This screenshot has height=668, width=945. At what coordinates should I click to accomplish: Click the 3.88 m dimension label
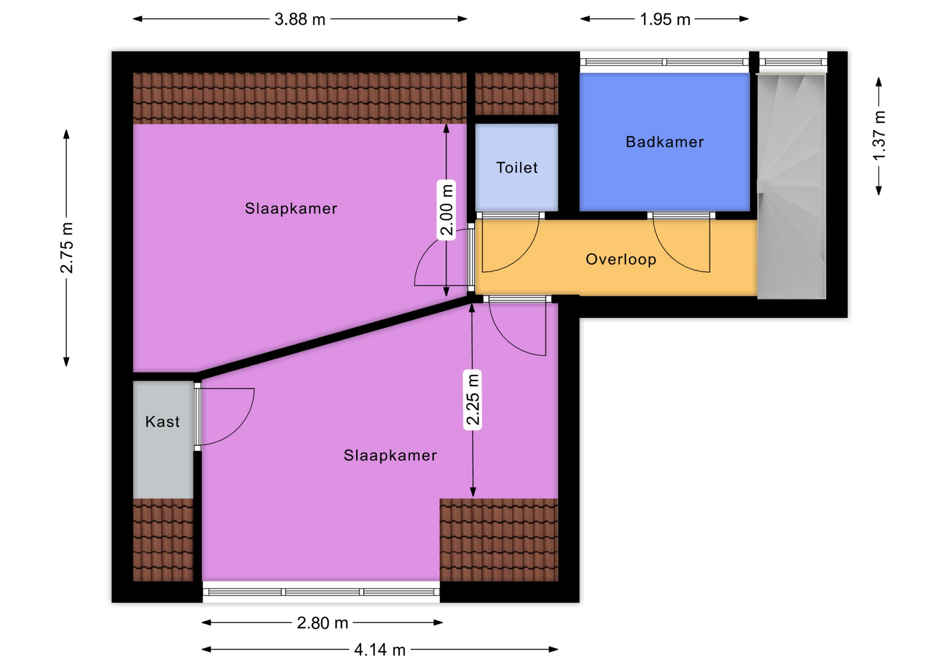click(x=300, y=19)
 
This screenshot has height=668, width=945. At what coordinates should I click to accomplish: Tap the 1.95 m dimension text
click(x=665, y=19)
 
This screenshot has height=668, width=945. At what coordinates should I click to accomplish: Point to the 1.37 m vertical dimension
click(x=879, y=136)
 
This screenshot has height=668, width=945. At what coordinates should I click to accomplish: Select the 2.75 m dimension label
click(x=66, y=248)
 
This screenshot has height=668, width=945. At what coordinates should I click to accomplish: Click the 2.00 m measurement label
click(x=446, y=210)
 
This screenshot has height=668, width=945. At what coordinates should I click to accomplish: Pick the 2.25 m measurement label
click(x=472, y=399)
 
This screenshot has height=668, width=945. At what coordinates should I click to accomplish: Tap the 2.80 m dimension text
click(x=322, y=623)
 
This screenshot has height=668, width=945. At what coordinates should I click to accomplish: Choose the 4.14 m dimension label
click(x=380, y=650)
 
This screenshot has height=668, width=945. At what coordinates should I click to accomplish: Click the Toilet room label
click(x=517, y=168)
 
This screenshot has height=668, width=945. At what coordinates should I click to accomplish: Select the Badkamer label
click(x=664, y=142)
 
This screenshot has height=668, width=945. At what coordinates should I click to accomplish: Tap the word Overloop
click(x=621, y=259)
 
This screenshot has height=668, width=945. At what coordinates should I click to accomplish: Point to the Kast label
click(x=162, y=422)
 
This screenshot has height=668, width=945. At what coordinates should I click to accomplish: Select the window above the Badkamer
click(x=664, y=62)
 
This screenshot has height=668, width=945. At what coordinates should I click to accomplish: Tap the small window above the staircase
click(x=793, y=62)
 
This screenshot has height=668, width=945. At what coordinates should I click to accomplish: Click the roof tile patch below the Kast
click(x=163, y=540)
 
